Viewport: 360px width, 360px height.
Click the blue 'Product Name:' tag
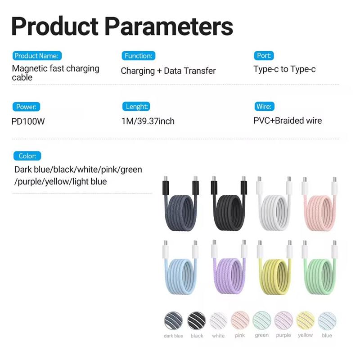click(36, 56)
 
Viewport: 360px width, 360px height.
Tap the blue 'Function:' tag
click(138, 56)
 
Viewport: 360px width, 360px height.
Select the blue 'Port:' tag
click(264, 56)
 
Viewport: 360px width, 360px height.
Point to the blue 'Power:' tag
click(26, 107)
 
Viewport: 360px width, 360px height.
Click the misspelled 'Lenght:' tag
click(135, 107)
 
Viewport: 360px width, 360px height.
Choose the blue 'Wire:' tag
click(263, 107)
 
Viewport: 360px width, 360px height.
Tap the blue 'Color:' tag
click(27, 156)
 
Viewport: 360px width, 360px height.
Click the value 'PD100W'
click(28, 121)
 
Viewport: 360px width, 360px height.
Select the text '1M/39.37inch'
click(148, 121)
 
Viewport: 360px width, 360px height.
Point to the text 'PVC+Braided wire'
click(288, 121)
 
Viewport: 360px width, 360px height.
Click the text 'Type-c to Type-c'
click(284, 70)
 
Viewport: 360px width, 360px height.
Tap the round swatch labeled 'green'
click(262, 320)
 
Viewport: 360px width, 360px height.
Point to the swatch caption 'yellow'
click(306, 335)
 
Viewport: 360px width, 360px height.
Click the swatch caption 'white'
click(218, 336)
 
